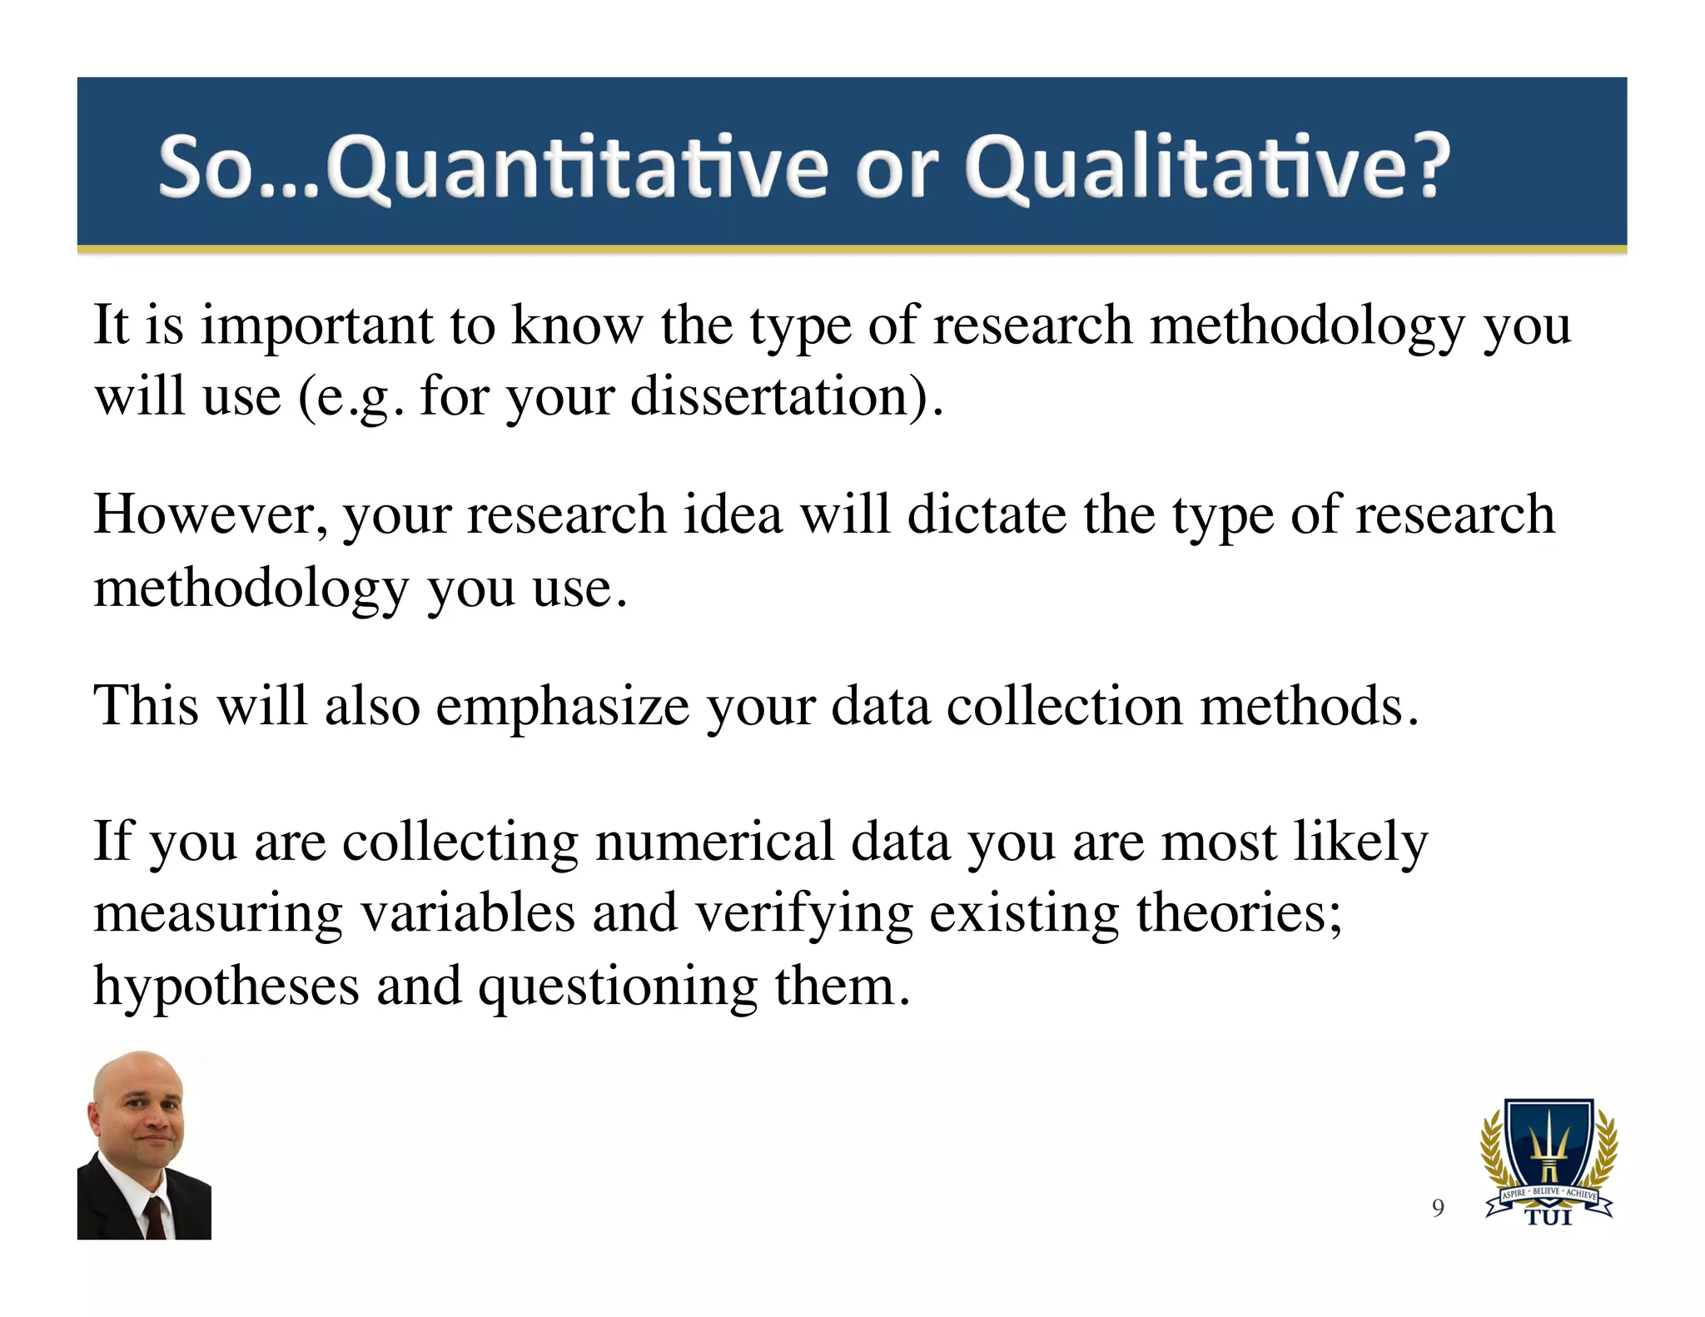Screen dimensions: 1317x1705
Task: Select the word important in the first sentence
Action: [317, 326]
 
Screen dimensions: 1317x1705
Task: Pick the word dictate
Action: [987, 514]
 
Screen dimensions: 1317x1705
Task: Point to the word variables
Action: [467, 912]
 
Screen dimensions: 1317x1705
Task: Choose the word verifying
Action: [804, 914]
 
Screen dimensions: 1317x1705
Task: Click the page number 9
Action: [1438, 1208]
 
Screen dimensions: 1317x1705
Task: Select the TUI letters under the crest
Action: [1548, 1218]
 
